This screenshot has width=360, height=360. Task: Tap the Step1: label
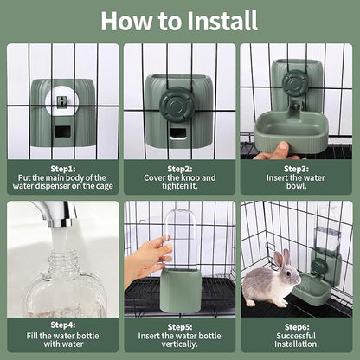(x=62, y=168)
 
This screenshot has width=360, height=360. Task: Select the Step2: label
(x=179, y=168)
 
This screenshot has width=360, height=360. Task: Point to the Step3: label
(x=296, y=168)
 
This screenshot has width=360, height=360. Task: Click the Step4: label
(x=62, y=325)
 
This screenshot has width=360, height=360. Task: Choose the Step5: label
(x=179, y=325)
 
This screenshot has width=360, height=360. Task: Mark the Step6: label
(x=296, y=325)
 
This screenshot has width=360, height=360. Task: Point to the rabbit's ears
(x=281, y=258)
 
